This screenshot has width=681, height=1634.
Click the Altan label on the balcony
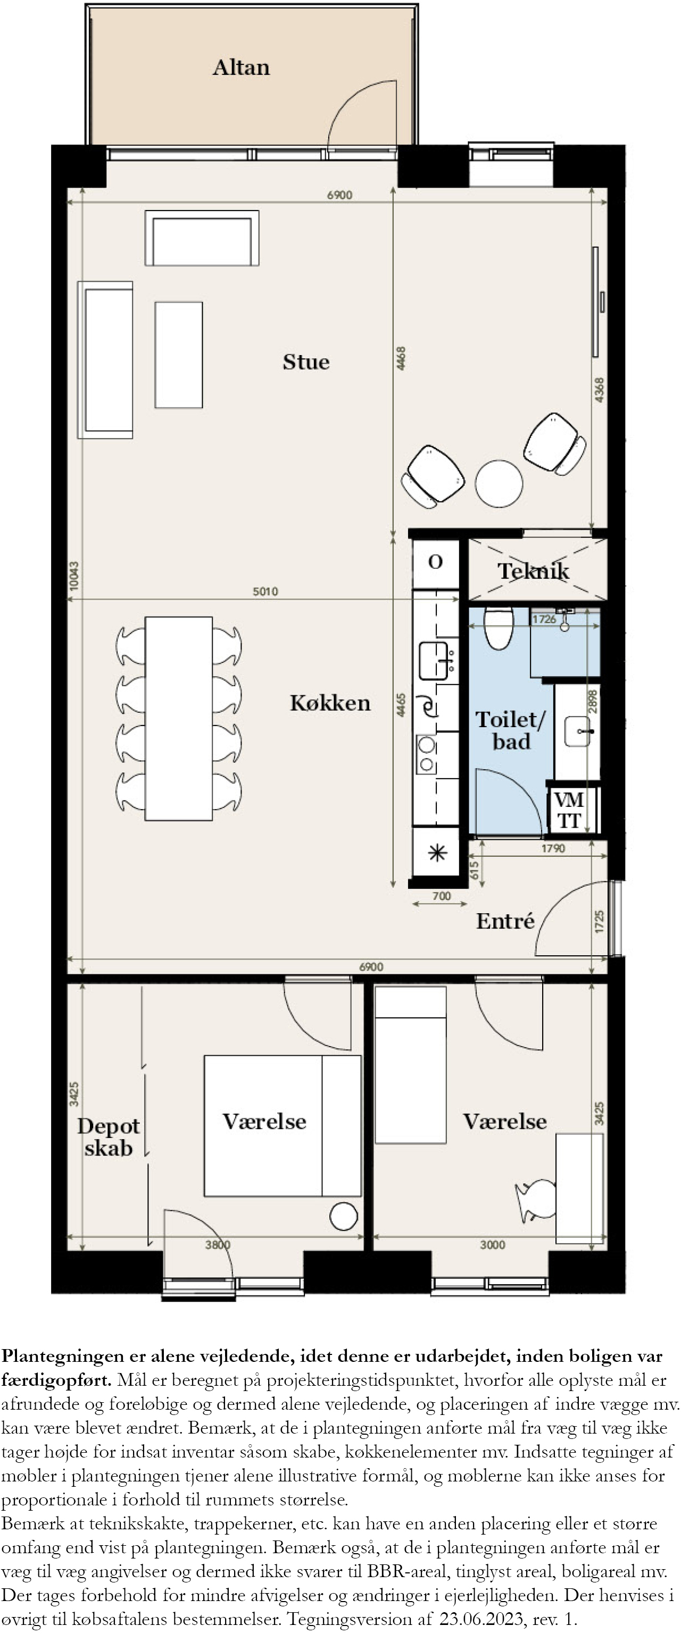point(241,67)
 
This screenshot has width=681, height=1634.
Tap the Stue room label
point(306,361)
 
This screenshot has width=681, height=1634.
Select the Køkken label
point(330,702)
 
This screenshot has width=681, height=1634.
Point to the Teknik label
point(533,571)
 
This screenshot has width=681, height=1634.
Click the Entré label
point(505,921)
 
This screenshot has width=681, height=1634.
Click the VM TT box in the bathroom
point(569,810)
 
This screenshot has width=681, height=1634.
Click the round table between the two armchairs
point(499,483)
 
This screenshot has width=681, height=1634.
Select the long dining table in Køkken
point(178,719)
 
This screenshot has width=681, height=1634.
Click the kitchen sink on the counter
point(435,660)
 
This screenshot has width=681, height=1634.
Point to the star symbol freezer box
point(437,853)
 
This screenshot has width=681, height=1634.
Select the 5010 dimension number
point(265,591)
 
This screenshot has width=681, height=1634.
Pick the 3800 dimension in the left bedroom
point(218,1244)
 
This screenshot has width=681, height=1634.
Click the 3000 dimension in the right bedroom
point(493,1244)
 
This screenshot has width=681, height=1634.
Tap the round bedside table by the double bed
point(344,1217)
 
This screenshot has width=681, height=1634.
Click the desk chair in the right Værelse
point(536,1200)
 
